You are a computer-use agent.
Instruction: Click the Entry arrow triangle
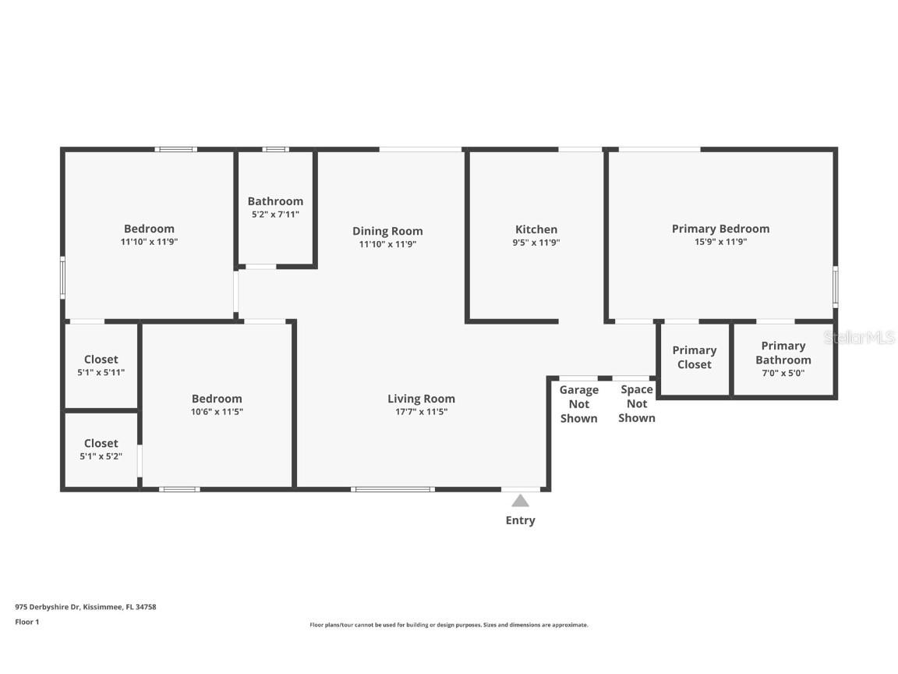(520, 501)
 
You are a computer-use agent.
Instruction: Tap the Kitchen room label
(536, 229)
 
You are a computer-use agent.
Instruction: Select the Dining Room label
(387, 231)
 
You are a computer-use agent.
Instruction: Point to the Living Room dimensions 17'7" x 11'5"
(421, 412)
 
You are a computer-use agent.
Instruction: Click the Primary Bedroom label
(720, 229)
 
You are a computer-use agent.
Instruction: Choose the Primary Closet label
(694, 357)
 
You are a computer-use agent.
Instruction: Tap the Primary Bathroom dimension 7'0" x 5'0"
(783, 373)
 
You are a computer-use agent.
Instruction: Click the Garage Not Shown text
(578, 404)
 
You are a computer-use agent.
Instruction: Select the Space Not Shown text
(637, 404)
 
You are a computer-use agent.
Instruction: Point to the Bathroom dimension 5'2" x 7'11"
(275, 214)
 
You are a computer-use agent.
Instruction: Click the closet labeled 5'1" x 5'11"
(101, 365)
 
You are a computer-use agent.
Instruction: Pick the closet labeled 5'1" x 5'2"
(101, 449)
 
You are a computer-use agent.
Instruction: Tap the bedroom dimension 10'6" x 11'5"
(217, 412)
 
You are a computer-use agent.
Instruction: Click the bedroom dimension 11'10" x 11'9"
(149, 242)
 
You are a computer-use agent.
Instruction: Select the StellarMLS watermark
(859, 338)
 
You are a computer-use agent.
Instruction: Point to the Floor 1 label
(27, 622)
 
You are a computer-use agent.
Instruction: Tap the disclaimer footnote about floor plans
(449, 625)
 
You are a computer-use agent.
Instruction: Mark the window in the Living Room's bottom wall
(392, 489)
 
